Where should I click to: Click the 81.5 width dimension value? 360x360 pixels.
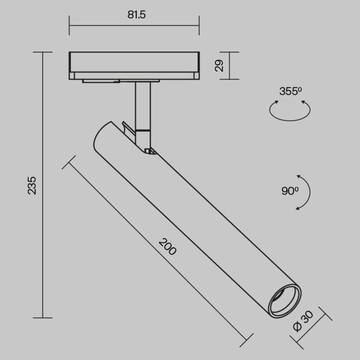pyautogui.click(x=137, y=15)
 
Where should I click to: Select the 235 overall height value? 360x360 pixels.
pyautogui.click(x=32, y=185)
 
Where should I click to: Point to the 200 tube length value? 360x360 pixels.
pyautogui.click(x=167, y=247)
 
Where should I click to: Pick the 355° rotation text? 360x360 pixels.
pyautogui.click(x=290, y=92)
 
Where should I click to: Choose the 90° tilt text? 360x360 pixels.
pyautogui.click(x=290, y=191)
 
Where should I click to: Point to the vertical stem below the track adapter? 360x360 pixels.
pyautogui.click(x=142, y=105)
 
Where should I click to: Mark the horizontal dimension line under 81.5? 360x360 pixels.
pyautogui.click(x=134, y=25)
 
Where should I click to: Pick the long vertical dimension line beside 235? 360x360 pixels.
pyautogui.click(x=43, y=185)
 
